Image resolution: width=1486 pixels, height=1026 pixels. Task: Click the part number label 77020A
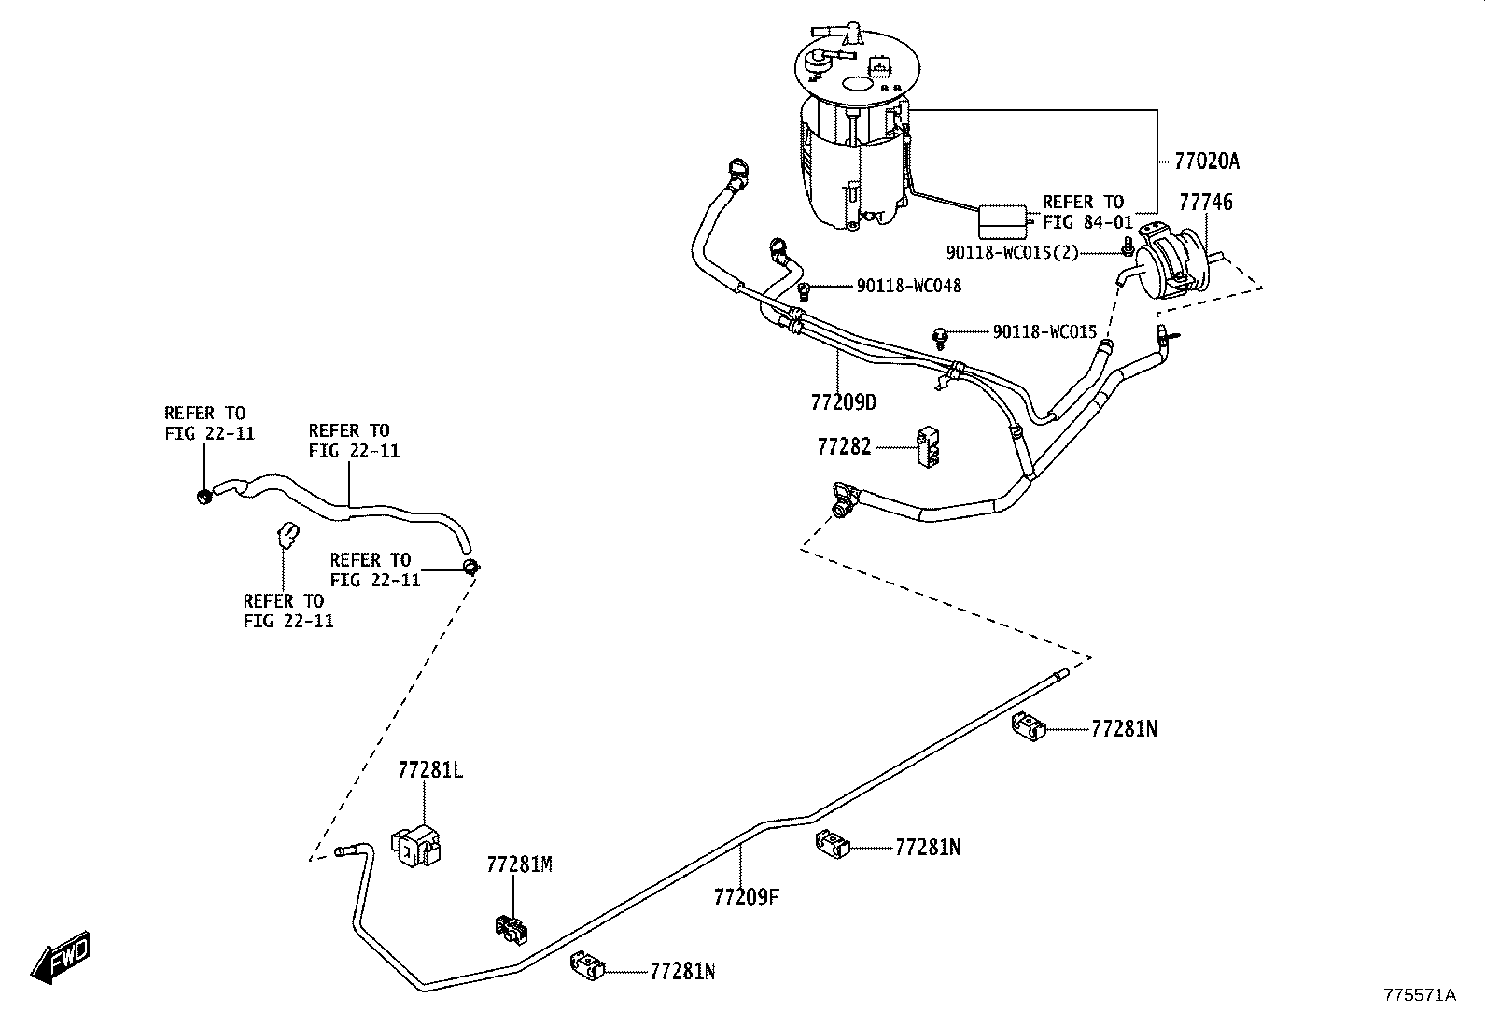coord(1207,162)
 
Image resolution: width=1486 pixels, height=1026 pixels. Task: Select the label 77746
coord(1205,202)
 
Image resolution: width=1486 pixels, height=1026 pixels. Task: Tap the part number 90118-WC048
coord(909,286)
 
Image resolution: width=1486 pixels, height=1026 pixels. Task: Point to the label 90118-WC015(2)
coord(1013,253)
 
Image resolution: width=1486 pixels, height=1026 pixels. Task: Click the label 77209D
coord(843,402)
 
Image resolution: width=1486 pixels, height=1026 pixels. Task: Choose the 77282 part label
coord(844,446)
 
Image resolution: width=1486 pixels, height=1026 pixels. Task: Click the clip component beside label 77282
coord(928,447)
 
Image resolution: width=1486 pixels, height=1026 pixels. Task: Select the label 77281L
coord(430,770)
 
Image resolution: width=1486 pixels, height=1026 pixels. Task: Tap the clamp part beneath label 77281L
coord(416,845)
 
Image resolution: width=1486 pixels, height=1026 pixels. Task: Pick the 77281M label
coord(519,864)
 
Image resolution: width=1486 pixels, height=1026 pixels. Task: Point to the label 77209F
coord(747,896)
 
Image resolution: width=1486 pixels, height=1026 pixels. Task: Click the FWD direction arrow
coord(60,957)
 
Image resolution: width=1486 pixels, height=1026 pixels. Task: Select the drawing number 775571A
coord(1420,995)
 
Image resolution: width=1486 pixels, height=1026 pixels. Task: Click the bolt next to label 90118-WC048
coord(804,290)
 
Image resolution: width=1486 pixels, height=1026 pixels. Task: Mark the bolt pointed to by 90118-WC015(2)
coord(1127,246)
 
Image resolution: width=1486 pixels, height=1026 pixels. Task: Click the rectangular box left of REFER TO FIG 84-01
coord(1002,221)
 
